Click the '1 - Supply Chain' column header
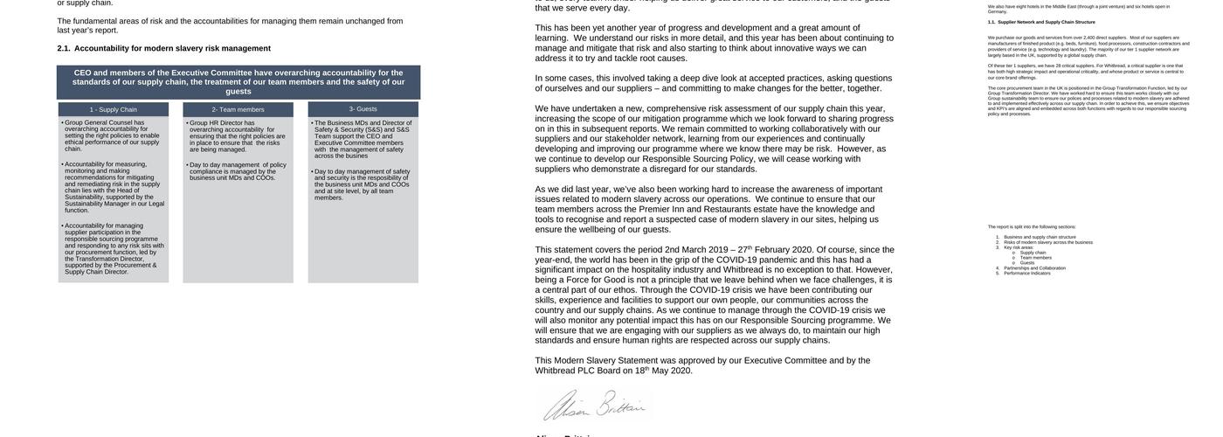pos(113,109)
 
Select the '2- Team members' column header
pos(238,109)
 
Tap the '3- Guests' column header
pos(363,109)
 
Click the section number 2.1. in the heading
pos(64,48)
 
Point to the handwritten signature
pos(594,406)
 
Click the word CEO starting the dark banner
pos(83,73)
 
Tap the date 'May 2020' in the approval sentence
pos(671,371)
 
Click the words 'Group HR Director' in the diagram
pos(216,123)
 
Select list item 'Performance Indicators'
pos(1027,274)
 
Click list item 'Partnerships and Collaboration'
pos(1035,268)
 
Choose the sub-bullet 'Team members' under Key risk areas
pos(1036,258)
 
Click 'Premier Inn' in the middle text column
pos(661,209)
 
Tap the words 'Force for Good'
pos(596,280)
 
